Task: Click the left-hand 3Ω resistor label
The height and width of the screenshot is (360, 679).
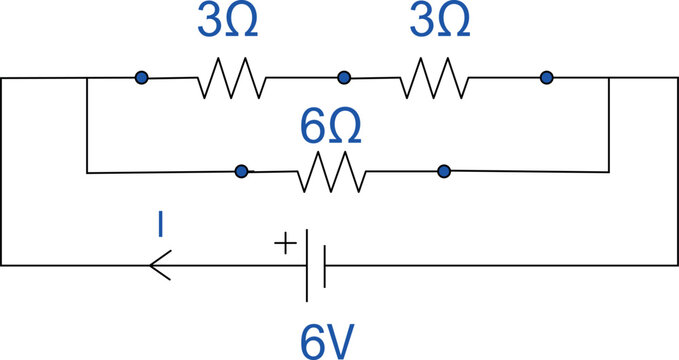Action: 227,22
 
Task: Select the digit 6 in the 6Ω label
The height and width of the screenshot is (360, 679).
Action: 313,128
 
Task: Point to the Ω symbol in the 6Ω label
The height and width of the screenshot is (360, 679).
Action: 344,128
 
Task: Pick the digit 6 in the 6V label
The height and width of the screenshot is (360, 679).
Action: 312,340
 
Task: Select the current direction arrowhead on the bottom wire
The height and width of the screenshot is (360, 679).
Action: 158,265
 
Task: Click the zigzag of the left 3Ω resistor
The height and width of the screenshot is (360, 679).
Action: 233,77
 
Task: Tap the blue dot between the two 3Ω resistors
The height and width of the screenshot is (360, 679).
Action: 344,77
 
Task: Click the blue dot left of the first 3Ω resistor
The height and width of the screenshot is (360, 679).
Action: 142,77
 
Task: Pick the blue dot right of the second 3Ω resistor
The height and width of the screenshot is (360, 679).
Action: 546,77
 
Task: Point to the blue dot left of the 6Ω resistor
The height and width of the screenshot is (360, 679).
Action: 241,172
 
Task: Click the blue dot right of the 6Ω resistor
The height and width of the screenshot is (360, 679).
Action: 443,172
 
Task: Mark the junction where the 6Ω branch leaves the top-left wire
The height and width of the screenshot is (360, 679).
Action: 88,77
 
